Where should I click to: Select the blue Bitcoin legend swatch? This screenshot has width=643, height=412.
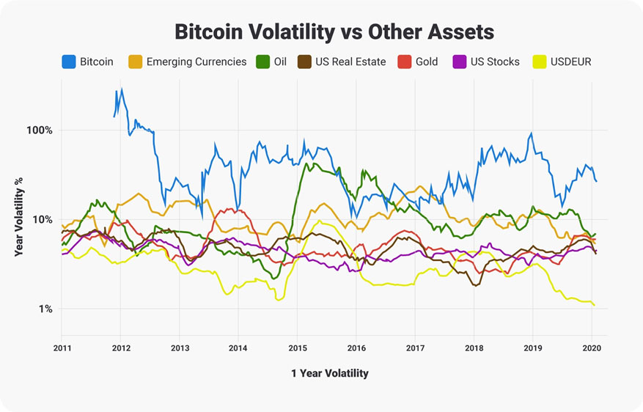tap(69, 62)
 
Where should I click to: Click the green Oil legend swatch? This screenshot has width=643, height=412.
tap(261, 62)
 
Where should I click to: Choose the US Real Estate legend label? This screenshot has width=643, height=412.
tap(350, 62)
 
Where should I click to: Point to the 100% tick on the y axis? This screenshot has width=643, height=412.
tap(40, 130)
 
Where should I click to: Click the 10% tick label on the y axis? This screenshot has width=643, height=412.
tap(42, 220)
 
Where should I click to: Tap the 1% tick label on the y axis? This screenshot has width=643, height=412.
tap(45, 309)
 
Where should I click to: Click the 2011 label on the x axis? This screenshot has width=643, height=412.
tap(62, 349)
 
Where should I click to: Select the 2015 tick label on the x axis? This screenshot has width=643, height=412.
tap(297, 349)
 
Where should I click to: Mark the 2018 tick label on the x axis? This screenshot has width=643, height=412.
tap(474, 349)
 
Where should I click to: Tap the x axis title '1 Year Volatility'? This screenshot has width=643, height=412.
tap(329, 373)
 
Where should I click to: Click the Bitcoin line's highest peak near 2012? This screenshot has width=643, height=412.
tap(122, 89)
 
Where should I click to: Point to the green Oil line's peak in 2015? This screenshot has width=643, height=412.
tap(305, 163)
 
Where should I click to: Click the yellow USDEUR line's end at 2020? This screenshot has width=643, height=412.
tap(594, 305)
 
